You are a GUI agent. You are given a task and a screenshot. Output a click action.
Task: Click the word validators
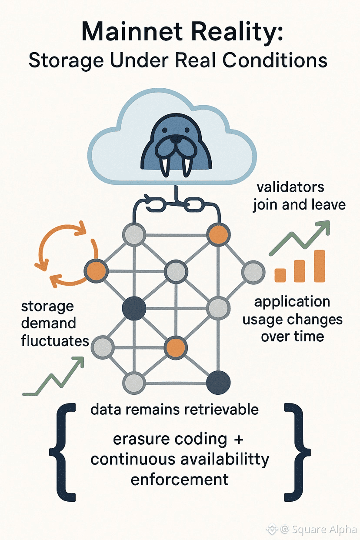(290, 187)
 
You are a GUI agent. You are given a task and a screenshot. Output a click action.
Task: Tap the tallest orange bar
(320, 266)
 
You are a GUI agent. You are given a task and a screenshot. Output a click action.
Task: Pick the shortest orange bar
(280, 275)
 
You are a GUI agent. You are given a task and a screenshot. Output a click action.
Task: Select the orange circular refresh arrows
(65, 257)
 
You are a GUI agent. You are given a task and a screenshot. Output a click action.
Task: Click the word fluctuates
(55, 340)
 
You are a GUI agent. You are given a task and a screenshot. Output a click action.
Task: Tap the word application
(292, 301)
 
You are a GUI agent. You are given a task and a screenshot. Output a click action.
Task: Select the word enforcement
(180, 480)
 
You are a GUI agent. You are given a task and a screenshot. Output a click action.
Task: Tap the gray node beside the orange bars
(253, 272)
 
